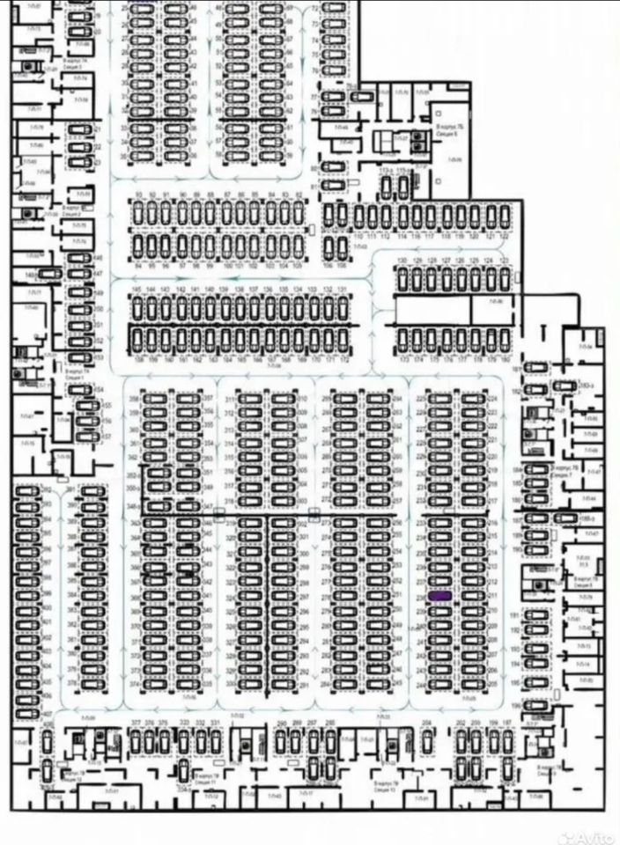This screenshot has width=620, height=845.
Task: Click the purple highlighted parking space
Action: (439, 596)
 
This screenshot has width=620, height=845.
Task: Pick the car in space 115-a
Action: (403, 187)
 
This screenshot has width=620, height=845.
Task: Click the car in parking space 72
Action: (332, 10)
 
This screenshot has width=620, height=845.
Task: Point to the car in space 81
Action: (332, 186)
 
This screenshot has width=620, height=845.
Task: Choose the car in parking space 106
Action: (328, 246)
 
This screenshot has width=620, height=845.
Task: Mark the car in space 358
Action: (155, 399)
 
